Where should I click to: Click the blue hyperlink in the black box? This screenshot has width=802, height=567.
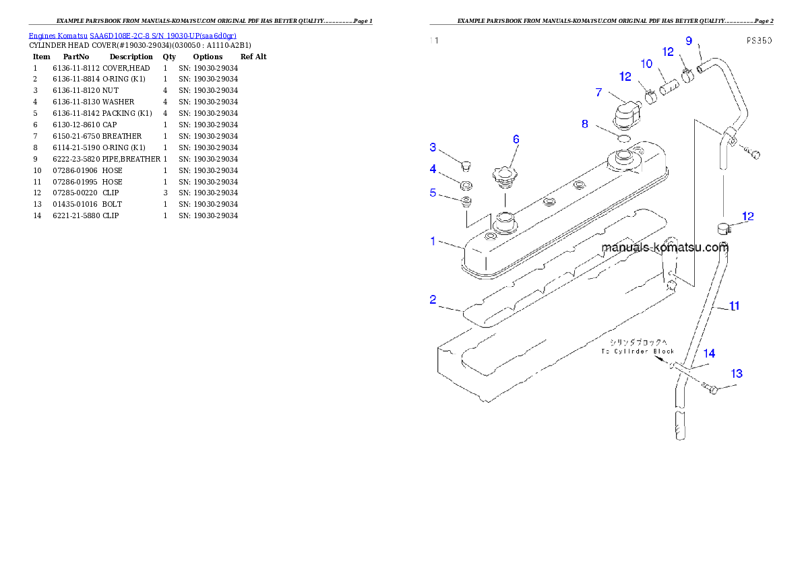tap(132, 36)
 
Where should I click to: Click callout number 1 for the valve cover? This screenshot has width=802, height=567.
tap(433, 240)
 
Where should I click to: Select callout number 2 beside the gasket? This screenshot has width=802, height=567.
tap(433, 300)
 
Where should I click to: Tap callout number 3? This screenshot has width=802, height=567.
tap(433, 147)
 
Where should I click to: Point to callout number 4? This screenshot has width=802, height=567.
tap(433, 168)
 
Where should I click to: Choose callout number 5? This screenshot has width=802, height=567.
tap(433, 193)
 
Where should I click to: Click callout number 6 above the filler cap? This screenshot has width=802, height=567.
tap(516, 139)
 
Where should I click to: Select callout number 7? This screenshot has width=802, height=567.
tap(598, 92)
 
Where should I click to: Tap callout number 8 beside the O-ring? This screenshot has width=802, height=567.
tap(585, 124)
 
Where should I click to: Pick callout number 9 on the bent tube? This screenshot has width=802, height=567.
tap(689, 40)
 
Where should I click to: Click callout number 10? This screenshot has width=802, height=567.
tap(646, 64)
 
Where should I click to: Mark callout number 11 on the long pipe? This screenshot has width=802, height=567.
tap(735, 306)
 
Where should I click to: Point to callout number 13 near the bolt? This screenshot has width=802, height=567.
tap(737, 373)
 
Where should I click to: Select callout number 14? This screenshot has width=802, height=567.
tap(710, 353)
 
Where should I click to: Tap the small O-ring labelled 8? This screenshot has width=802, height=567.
tap(623, 138)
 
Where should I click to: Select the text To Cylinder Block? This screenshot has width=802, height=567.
tap(638, 352)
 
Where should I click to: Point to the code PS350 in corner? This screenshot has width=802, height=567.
tap(759, 40)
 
